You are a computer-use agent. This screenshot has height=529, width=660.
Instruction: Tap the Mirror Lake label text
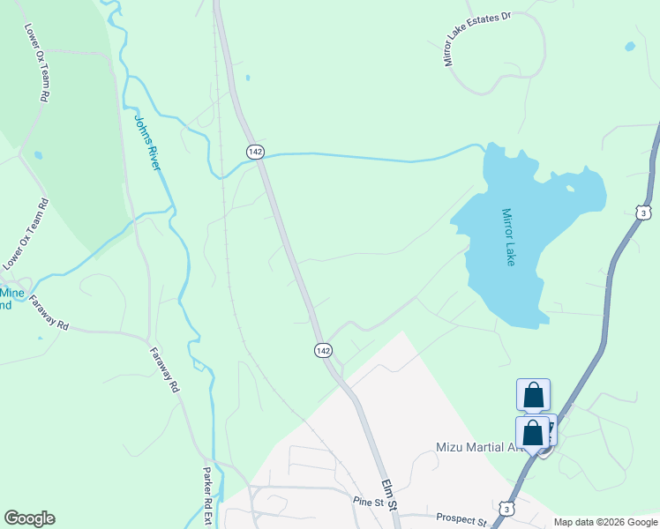(508, 237)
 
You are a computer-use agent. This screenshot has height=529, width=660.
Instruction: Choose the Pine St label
(371, 503)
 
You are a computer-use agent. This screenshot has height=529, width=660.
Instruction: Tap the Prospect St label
(458, 522)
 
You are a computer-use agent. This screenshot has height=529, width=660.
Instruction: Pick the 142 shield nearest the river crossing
(255, 152)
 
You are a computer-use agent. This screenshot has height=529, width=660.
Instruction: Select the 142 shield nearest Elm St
(322, 351)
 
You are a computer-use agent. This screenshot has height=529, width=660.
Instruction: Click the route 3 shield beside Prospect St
(506, 509)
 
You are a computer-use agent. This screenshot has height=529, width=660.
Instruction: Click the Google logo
(29, 518)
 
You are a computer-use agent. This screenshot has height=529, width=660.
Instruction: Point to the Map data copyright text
(604, 522)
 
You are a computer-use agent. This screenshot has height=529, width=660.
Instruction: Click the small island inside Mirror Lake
(571, 188)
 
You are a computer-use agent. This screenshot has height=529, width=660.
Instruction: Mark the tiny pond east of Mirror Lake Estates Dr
(629, 46)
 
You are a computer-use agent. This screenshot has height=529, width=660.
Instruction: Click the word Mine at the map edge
(11, 293)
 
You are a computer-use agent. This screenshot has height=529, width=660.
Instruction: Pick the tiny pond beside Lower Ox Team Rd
(38, 155)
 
